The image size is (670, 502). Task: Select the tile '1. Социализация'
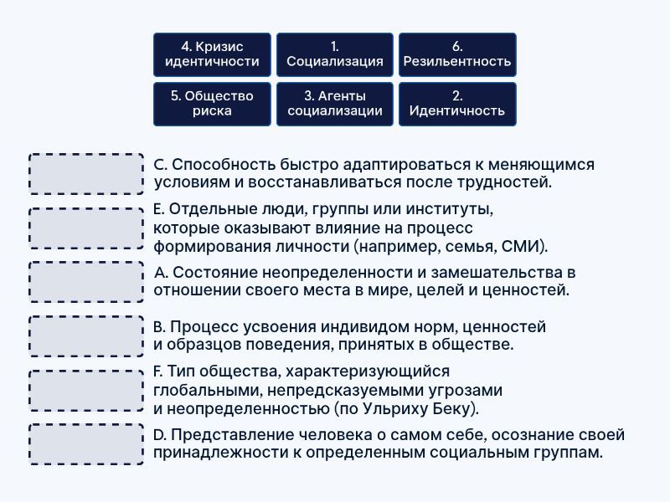tap(334, 54)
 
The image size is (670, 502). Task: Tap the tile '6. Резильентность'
tap(457, 54)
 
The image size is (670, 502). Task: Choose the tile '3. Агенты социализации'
tap(334, 104)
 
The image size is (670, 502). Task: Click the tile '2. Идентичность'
tap(457, 104)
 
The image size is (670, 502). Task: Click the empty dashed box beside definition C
tap(86, 174)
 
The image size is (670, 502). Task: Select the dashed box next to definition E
tap(86, 228)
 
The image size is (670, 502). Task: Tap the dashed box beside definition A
tap(86, 282)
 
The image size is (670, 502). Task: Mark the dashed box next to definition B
tap(86, 336)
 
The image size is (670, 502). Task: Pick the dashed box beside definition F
tap(86, 390)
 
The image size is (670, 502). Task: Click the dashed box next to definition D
tap(86, 444)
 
